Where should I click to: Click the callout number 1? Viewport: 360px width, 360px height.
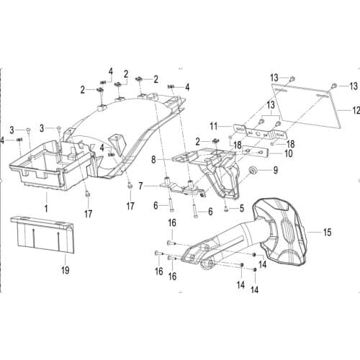[x=46, y=208]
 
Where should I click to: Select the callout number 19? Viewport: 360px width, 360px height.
[x=66, y=270]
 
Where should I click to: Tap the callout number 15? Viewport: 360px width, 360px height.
[x=328, y=233]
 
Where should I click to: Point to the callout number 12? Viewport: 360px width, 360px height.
[x=356, y=110]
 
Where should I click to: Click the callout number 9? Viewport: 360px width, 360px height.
[x=276, y=170]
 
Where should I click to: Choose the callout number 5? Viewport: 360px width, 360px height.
[x=242, y=208]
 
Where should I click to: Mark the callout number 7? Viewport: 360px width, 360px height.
[x=141, y=186]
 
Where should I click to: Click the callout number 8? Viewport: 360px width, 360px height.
[x=153, y=160]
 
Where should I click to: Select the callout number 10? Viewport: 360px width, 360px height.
[x=289, y=153]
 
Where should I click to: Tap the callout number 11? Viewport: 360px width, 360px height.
[x=214, y=126]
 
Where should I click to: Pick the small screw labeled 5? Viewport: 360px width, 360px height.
[x=226, y=210]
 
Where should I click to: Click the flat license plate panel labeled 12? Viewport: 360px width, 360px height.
[x=307, y=106]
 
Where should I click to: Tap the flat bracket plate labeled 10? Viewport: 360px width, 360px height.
[x=255, y=151]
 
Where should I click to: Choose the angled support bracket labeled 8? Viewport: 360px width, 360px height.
[x=211, y=168]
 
